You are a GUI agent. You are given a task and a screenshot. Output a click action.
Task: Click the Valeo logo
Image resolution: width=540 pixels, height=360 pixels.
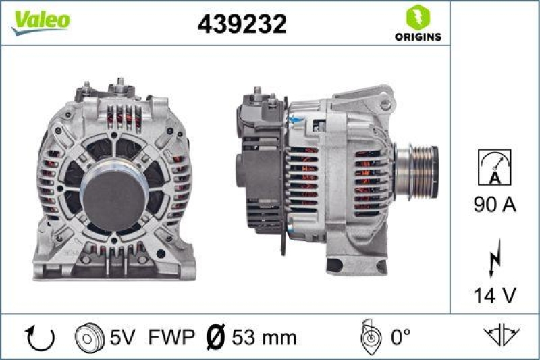coord(40,20)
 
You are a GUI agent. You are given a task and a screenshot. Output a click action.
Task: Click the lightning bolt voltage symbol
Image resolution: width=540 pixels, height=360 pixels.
coord(495,257)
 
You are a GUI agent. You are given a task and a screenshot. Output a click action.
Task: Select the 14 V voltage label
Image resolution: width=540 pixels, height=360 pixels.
coord(494,294)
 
